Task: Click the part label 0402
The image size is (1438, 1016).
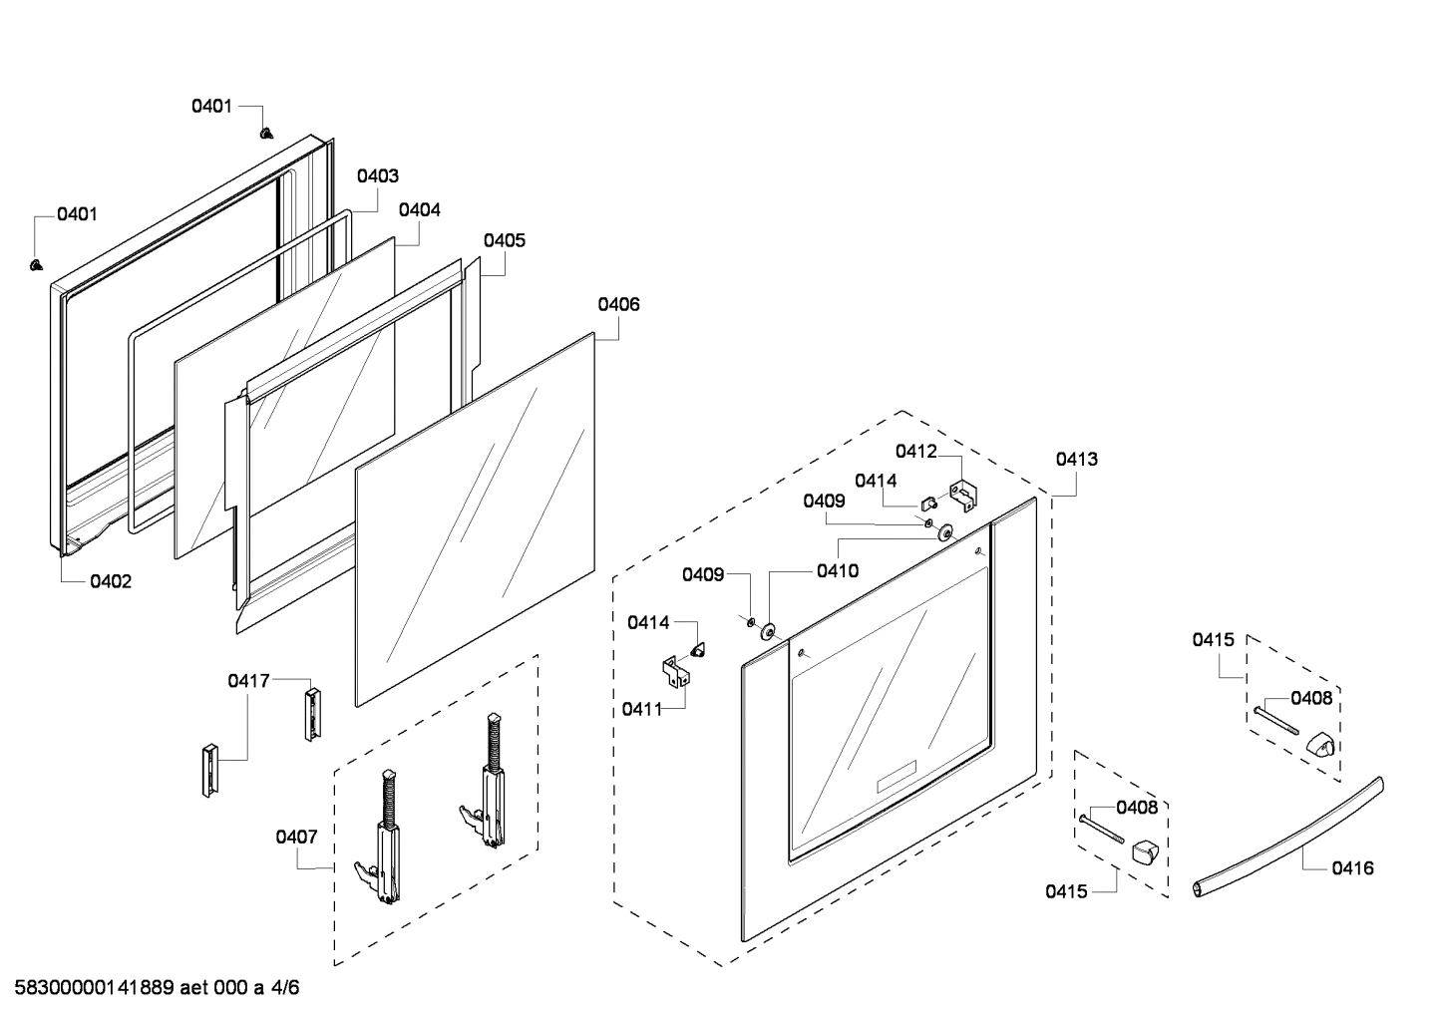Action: pos(111,581)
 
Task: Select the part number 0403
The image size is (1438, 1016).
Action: pos(378,175)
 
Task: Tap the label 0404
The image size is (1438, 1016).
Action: pos(419,210)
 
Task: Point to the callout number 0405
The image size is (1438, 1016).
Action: pos(505,240)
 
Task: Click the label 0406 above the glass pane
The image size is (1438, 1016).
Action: pos(618,304)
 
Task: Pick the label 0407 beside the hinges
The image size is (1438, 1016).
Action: pos(296,837)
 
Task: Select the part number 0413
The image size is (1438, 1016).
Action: pos(1077,459)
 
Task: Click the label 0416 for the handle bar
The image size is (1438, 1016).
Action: pos(1352,867)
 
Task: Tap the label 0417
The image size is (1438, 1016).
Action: pos(248,681)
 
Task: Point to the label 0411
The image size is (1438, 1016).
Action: pos(641,709)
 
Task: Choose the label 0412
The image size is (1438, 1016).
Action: pos(915,451)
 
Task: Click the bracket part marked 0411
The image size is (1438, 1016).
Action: pos(676,671)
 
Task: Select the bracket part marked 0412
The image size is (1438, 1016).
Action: pos(963,496)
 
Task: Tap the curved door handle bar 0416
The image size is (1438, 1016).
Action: pos(1286,836)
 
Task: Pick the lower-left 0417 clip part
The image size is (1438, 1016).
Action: pos(209,770)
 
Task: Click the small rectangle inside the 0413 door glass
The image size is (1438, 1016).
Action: pos(896,777)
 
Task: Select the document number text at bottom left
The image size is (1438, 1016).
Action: pos(151,988)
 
